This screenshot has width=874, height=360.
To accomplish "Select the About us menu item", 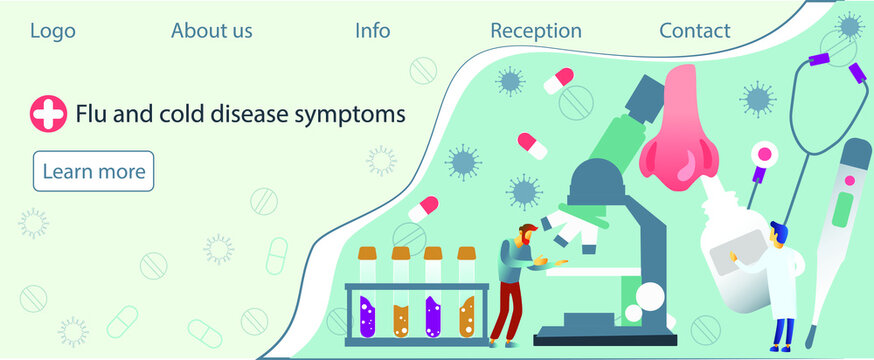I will click(211, 31).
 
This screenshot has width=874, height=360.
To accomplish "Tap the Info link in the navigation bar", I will click(372, 31).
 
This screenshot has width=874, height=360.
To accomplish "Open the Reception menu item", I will click(535, 31).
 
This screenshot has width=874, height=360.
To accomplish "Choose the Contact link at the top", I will click(694, 31).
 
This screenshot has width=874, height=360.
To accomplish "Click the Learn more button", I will click(93, 171).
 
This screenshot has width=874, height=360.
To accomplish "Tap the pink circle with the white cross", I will click(47, 114).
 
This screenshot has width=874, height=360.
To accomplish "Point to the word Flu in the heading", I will click(93, 114).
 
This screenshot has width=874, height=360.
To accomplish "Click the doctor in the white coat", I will click(783, 280).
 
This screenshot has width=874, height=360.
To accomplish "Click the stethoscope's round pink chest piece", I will click(767, 155).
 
